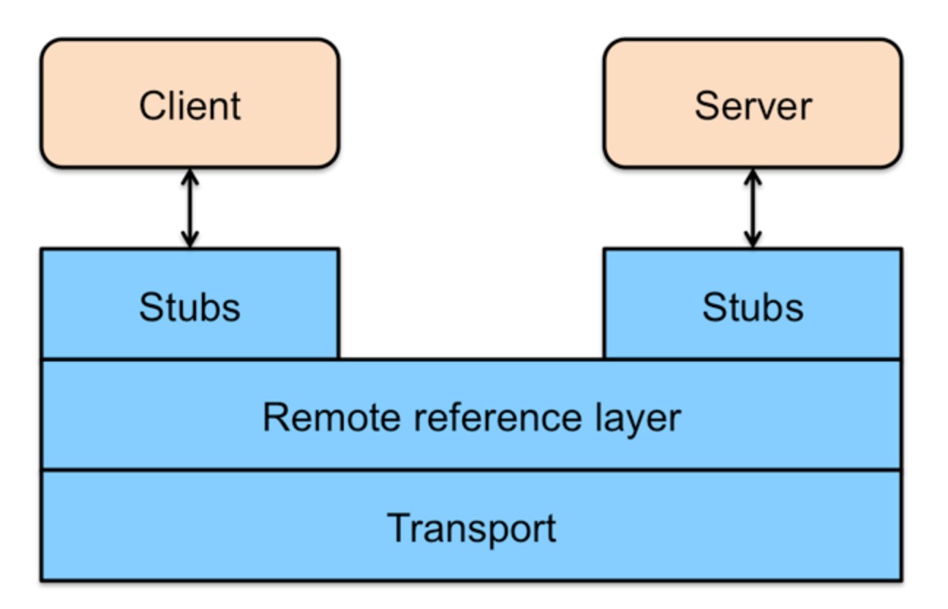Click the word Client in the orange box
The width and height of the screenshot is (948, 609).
190,106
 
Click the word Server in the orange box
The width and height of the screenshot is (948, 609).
753,106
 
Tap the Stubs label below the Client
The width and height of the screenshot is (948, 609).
189,307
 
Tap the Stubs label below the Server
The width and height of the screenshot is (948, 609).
753,307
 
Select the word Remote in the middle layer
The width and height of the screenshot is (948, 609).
331,417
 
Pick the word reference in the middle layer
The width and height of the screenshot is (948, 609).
497,417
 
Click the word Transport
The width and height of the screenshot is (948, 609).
472,529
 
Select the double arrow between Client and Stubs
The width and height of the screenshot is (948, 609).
190,209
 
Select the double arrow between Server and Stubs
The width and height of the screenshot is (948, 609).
753,209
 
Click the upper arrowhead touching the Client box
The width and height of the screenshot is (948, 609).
190,177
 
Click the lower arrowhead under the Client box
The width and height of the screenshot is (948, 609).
190,239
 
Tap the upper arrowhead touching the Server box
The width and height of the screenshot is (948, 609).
753,177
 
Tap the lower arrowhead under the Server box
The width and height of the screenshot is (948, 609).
753,239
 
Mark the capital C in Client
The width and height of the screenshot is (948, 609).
154,106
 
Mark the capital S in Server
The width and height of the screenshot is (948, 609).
707,106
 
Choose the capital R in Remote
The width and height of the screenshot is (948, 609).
276,417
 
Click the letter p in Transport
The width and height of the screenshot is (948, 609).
500,535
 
